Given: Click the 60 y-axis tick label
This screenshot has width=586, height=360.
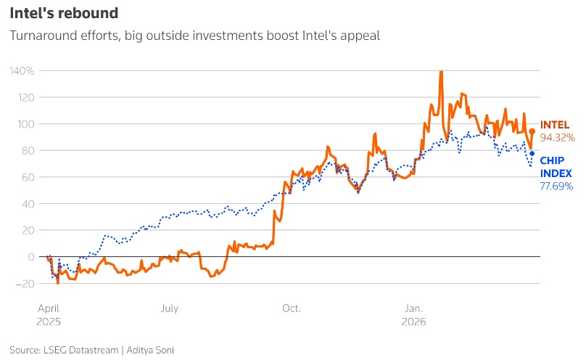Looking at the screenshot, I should (x=28, y=177).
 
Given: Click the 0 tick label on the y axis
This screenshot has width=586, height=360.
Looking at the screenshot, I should (x=30, y=257).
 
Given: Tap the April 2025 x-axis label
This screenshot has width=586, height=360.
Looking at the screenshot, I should (x=49, y=314).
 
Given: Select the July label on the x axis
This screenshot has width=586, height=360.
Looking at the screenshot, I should (x=168, y=308).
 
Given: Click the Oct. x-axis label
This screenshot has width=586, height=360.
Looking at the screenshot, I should (x=292, y=308).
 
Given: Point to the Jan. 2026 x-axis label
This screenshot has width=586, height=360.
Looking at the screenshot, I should (x=415, y=314).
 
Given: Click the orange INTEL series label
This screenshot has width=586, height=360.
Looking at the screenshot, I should (x=555, y=125).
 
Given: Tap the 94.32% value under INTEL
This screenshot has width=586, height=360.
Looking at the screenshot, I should (x=557, y=137).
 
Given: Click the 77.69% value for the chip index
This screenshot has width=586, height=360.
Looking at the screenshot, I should (x=557, y=187).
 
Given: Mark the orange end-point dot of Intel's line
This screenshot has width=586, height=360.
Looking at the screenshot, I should (x=532, y=131).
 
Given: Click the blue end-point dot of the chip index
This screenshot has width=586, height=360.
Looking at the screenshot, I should (x=532, y=153).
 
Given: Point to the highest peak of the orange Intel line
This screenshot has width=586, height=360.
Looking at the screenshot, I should (x=441, y=72).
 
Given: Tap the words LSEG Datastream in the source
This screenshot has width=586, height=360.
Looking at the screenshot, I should (x=80, y=349).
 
